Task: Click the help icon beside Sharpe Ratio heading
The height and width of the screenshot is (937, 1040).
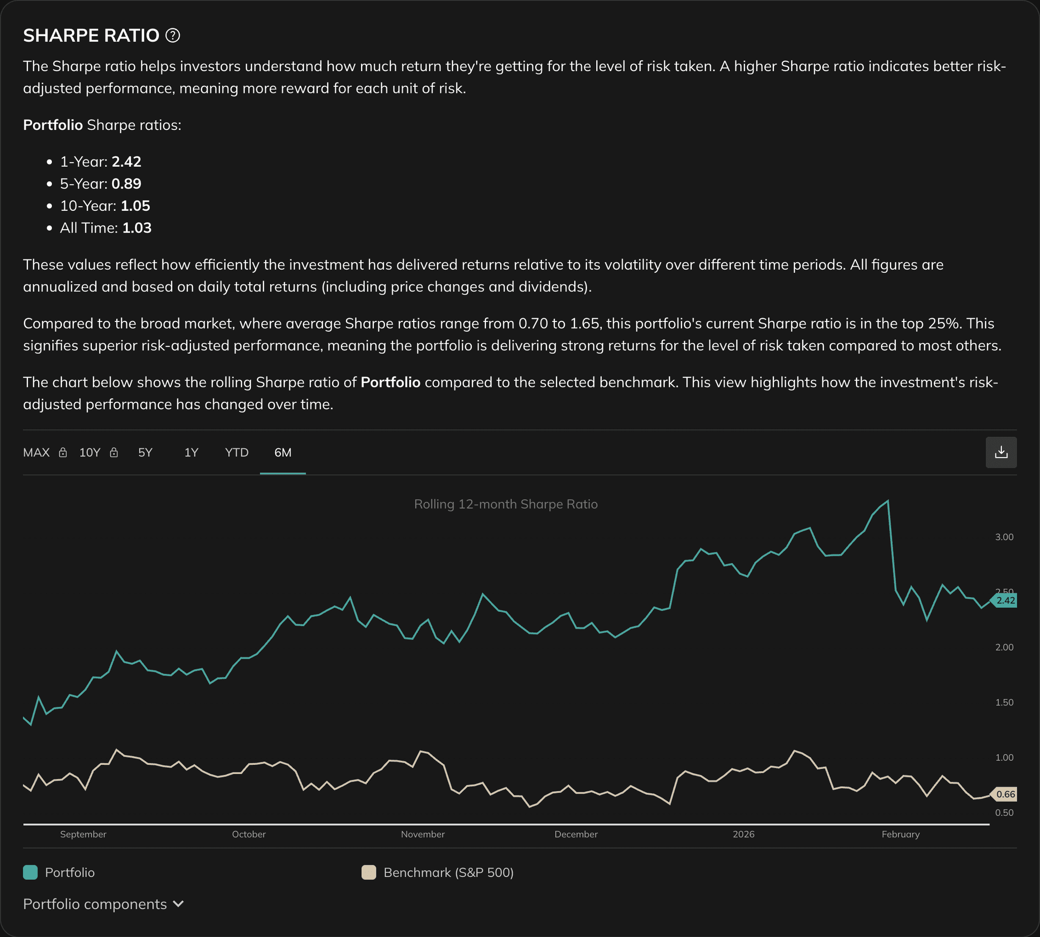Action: [173, 36]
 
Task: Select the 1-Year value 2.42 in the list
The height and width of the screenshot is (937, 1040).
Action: [126, 161]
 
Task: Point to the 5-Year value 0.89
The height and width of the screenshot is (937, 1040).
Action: [126, 184]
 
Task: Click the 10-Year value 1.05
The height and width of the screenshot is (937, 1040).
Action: [136, 206]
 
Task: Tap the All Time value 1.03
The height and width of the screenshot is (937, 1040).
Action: [137, 228]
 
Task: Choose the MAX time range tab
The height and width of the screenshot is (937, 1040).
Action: [37, 453]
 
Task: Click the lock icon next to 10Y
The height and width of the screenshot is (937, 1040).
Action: [114, 453]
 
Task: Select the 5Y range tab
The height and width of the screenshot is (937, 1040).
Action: [145, 453]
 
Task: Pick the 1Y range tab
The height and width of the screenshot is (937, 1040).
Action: [191, 453]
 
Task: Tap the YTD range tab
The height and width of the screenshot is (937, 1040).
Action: [236, 453]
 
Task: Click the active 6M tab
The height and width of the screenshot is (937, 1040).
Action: [283, 453]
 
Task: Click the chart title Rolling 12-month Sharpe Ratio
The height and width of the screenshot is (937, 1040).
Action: [506, 504]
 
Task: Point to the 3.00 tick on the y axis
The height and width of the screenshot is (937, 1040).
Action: [1004, 537]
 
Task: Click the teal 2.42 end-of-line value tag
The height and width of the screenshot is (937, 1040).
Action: [1005, 600]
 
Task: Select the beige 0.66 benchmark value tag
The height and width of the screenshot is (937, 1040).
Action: [1005, 794]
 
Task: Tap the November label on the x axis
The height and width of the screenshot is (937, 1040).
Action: [422, 834]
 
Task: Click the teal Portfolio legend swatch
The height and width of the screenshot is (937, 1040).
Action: [30, 872]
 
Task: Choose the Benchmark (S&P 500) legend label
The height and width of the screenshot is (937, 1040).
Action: [448, 872]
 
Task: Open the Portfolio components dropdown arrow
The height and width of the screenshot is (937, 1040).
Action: [179, 904]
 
